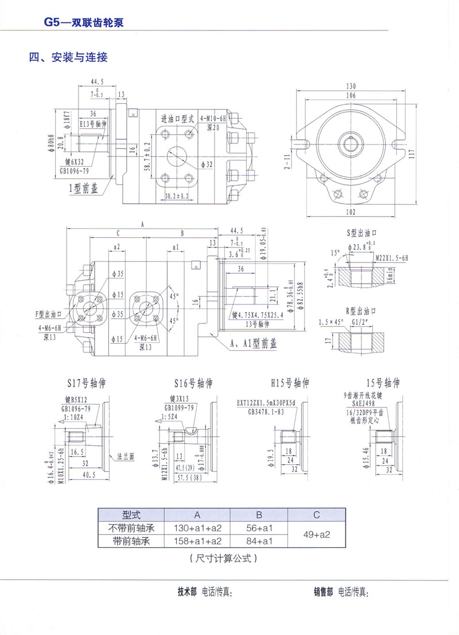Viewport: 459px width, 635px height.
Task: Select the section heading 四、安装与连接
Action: click(x=68, y=57)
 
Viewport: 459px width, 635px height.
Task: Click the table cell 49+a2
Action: click(x=317, y=534)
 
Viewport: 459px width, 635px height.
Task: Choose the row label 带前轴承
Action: click(x=131, y=540)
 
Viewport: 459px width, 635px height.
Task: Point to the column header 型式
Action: click(x=131, y=514)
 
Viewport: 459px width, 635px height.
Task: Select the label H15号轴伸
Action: click(x=290, y=382)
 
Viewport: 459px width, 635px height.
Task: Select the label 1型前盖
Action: click(x=84, y=189)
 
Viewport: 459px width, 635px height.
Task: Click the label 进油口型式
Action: click(x=178, y=119)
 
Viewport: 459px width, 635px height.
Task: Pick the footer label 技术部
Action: click(x=188, y=592)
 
